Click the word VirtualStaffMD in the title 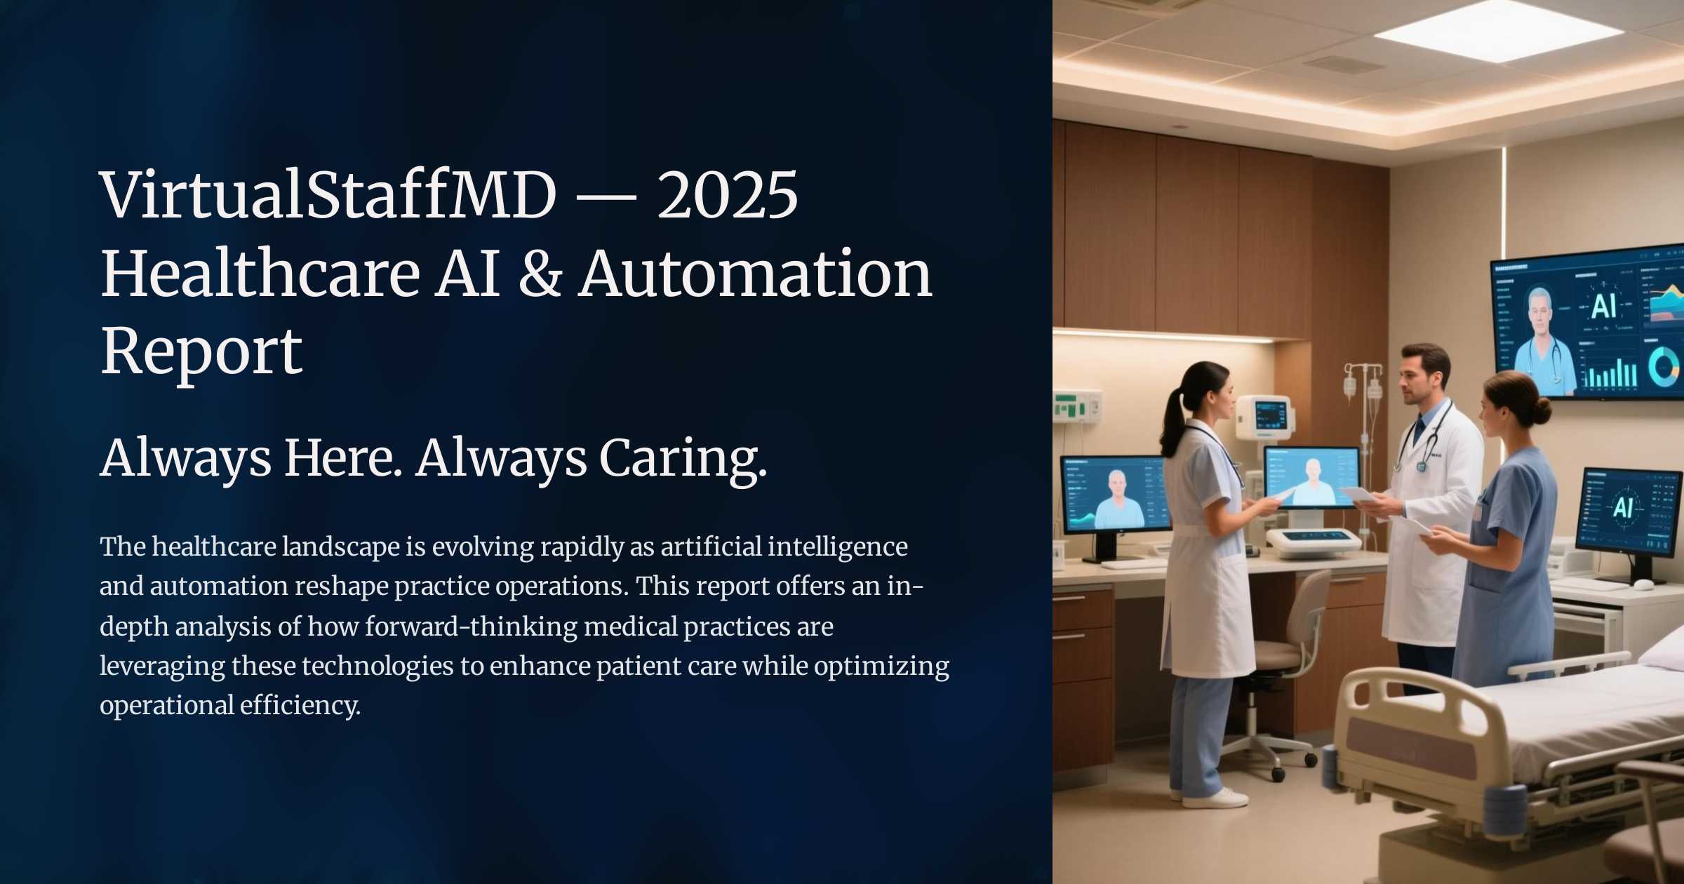[328, 194]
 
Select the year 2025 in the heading [727, 195]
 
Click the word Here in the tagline [342, 457]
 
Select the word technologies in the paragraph [377, 666]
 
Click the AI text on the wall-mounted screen [1604, 307]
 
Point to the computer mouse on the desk [1643, 584]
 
